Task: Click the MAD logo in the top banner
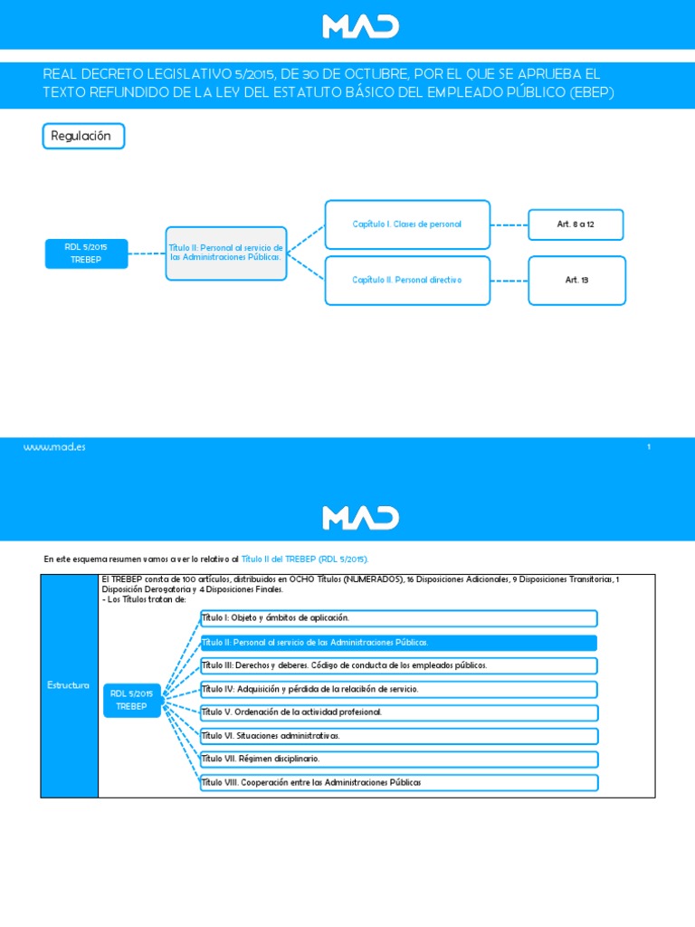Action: (360, 25)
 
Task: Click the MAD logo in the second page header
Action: (360, 517)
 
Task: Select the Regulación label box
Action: (83, 136)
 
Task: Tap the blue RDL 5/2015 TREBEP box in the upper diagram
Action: (86, 253)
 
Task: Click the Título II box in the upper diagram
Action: (226, 253)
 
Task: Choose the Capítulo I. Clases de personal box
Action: (407, 224)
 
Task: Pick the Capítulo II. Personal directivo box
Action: (407, 280)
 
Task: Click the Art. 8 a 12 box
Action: (576, 224)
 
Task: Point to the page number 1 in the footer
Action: (649, 447)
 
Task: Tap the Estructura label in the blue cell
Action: (69, 685)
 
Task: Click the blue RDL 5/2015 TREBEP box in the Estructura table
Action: (132, 700)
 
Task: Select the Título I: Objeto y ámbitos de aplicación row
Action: (398, 618)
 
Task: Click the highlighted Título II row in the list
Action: (398, 643)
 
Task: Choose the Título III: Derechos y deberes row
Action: (398, 665)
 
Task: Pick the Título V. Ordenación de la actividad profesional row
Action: (398, 712)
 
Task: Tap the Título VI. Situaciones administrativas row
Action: (398, 736)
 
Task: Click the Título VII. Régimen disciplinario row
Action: (398, 759)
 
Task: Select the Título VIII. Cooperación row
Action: (398, 782)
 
